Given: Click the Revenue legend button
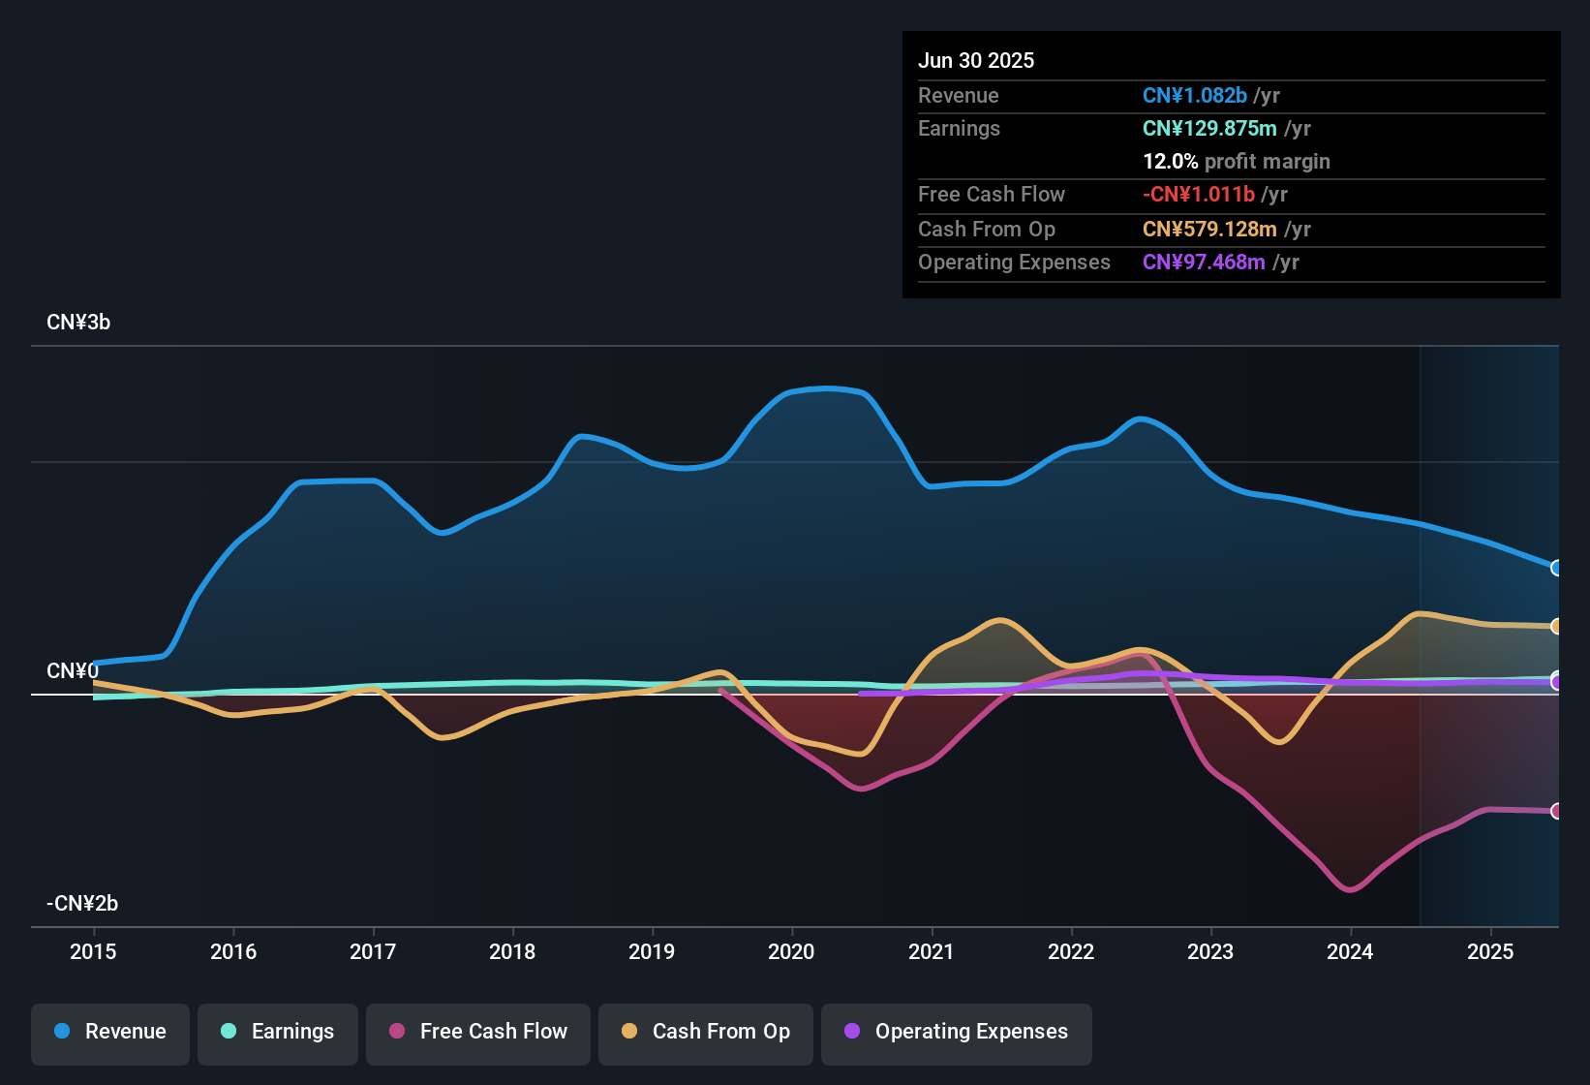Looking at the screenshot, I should [110, 1032].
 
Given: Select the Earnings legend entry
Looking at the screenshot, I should [278, 1032].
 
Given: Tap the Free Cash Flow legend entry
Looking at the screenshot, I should [478, 1032].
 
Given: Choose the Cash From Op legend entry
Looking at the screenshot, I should [706, 1032].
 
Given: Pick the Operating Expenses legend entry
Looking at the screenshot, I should [957, 1032].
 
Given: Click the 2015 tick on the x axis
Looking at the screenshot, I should [93, 951].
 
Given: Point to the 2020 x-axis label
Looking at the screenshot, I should [791, 951].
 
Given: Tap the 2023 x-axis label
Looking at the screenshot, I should [1210, 951].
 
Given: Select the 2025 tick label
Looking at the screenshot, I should [1490, 951].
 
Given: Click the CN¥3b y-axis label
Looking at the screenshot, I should [78, 323].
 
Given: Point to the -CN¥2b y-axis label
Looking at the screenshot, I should [82, 904].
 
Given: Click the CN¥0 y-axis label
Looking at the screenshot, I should [72, 671].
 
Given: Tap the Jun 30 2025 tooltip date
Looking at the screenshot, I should [976, 61].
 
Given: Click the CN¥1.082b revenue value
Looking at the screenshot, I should [1194, 96].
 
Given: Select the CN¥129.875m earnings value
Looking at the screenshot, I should [1209, 129].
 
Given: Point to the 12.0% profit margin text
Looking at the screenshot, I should [1236, 162].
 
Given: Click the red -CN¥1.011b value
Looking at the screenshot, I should [1198, 195].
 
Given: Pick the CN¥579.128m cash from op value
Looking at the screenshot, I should [1209, 230].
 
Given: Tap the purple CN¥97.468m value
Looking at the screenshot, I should [1204, 263].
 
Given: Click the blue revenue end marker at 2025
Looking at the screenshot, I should [1556, 568].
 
